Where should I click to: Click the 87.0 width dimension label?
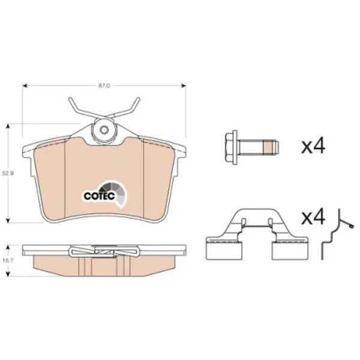pyautogui.click(x=104, y=86)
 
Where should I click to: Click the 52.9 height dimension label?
pyautogui.click(x=8, y=173)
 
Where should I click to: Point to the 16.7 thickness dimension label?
pyautogui.click(x=8, y=260)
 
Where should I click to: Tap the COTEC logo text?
pyautogui.click(x=99, y=196)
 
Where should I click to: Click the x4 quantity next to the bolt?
pyautogui.click(x=313, y=146)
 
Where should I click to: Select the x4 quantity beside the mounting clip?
pyautogui.click(x=313, y=217)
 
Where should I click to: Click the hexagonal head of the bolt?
pyautogui.click(x=232, y=148)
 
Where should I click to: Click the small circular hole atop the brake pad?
pyautogui.click(x=104, y=130)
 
